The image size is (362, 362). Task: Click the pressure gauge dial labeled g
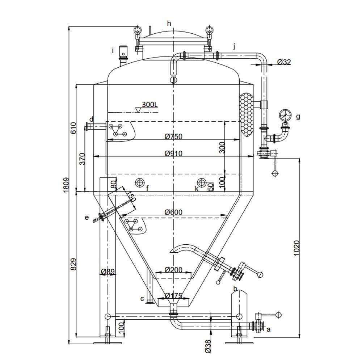coord(285,115)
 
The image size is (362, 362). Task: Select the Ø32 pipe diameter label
coord(284,62)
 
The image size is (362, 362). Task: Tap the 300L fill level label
coord(150,105)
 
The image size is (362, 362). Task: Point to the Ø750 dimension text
coord(173,136)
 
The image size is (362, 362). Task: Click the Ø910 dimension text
coord(173,153)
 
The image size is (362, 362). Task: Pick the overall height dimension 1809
coord(66,185)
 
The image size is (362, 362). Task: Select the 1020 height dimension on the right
coord(296,248)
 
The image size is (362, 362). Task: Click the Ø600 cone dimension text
coord(173,212)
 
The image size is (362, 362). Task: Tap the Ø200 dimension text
coord(173,270)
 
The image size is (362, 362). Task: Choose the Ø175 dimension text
coord(173,296)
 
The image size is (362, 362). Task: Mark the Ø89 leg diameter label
coord(108,271)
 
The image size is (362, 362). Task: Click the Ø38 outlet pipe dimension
coord(208,346)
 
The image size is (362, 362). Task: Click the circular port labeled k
coord(202,182)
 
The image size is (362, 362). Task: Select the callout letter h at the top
coord(169,24)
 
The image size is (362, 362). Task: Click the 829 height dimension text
coord(74,265)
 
